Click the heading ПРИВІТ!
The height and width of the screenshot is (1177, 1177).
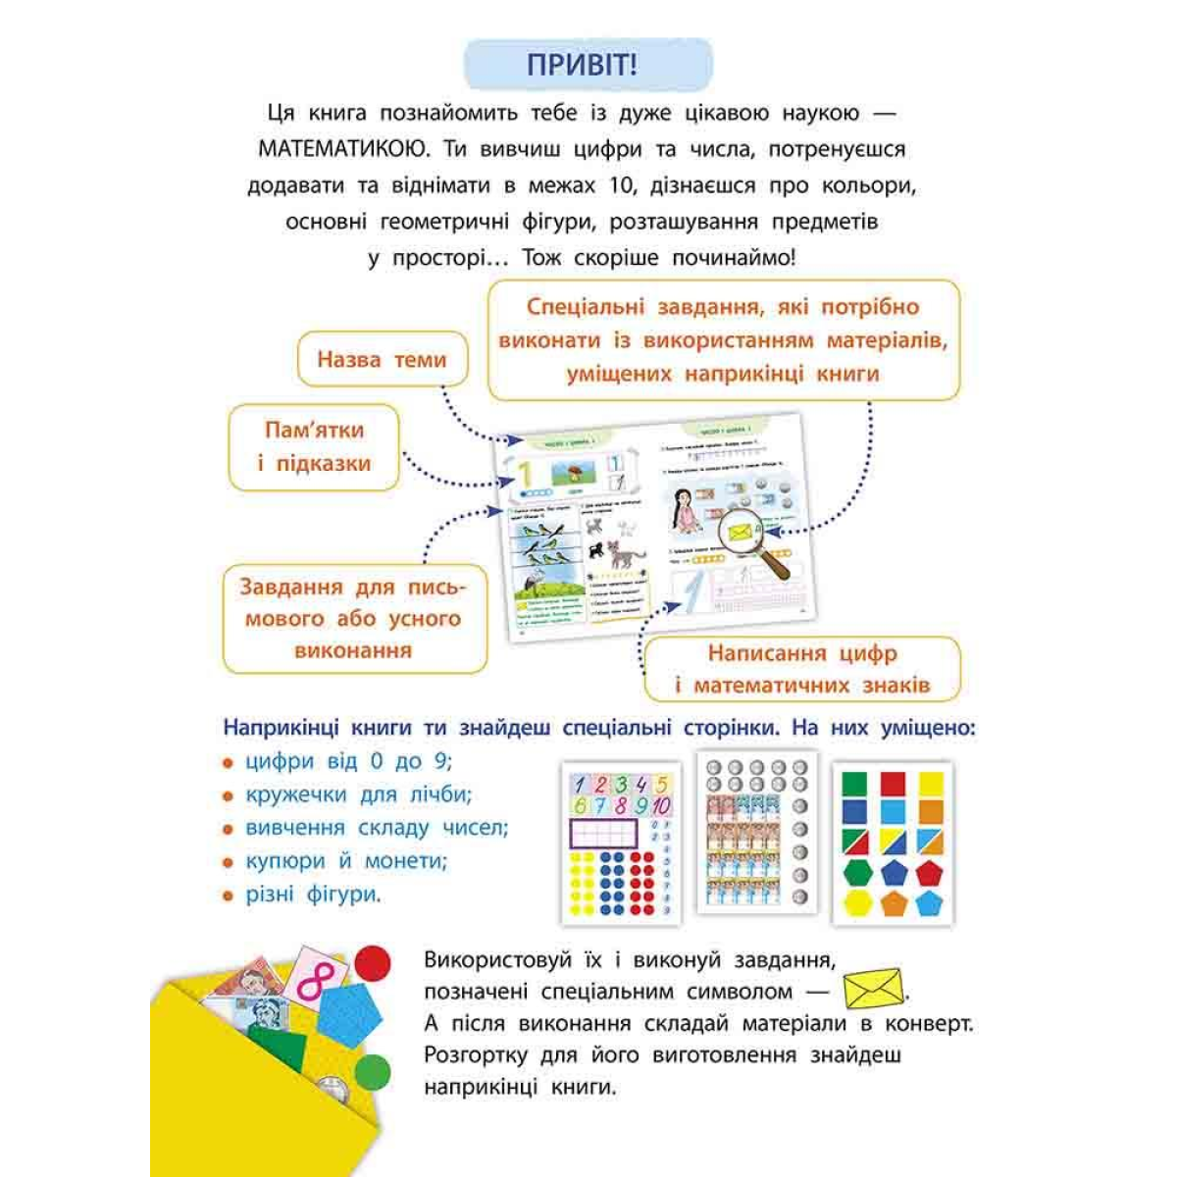click(587, 65)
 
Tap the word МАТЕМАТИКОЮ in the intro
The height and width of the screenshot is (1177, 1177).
click(343, 149)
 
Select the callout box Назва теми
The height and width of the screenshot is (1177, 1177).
click(382, 360)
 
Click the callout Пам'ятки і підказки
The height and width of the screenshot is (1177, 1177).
click(314, 446)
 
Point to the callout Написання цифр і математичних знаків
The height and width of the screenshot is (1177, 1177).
click(801, 669)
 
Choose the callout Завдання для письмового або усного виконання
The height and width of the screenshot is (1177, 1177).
click(354, 618)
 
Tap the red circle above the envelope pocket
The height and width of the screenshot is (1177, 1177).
click(373, 963)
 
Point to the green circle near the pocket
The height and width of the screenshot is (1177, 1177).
click(373, 1073)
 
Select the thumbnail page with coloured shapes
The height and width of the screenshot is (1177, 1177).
click(892, 844)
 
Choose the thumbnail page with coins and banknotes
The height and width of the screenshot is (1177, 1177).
click(756, 834)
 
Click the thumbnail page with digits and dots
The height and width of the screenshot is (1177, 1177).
click(621, 844)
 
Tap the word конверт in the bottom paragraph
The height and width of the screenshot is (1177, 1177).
click(931, 1023)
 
